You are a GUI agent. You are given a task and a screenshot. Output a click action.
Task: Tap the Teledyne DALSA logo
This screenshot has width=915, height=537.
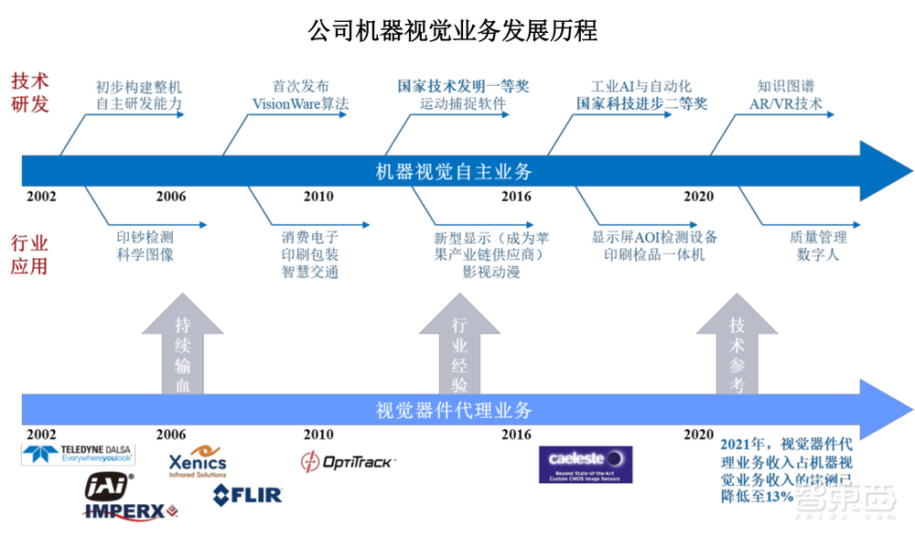79,453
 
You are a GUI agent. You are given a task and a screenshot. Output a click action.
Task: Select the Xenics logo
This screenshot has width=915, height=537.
198,462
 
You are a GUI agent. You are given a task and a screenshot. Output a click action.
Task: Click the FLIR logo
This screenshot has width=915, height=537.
248,495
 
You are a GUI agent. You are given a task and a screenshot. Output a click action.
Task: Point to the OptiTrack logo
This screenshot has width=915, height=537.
348,462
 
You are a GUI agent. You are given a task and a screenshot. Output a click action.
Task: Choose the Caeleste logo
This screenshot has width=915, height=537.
585,464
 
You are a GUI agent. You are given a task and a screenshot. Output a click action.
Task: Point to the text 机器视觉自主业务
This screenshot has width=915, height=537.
454,171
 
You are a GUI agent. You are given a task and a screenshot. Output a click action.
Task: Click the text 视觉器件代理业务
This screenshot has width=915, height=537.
454,410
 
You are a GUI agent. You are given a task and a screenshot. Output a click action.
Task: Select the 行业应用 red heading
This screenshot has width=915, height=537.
29,254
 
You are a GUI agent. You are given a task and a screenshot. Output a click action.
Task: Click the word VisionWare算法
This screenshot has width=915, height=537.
300,104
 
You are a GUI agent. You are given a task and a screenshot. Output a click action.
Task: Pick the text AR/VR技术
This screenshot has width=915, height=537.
779,104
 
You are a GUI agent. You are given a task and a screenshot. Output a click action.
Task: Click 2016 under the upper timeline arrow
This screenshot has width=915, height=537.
516,197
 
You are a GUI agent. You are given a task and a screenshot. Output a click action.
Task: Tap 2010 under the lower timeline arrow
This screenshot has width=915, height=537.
318,435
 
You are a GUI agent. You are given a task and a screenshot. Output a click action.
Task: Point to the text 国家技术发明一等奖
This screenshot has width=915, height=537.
463,87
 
